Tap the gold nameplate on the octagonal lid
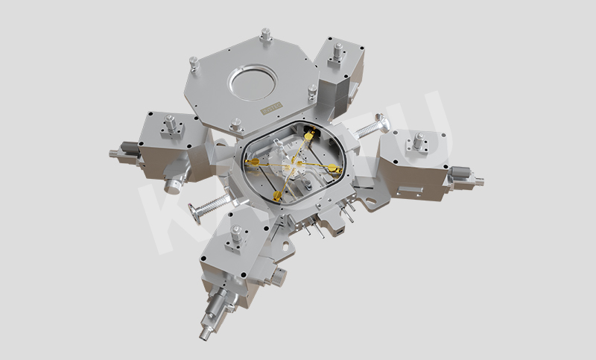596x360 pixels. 270,110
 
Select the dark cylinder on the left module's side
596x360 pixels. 129,148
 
